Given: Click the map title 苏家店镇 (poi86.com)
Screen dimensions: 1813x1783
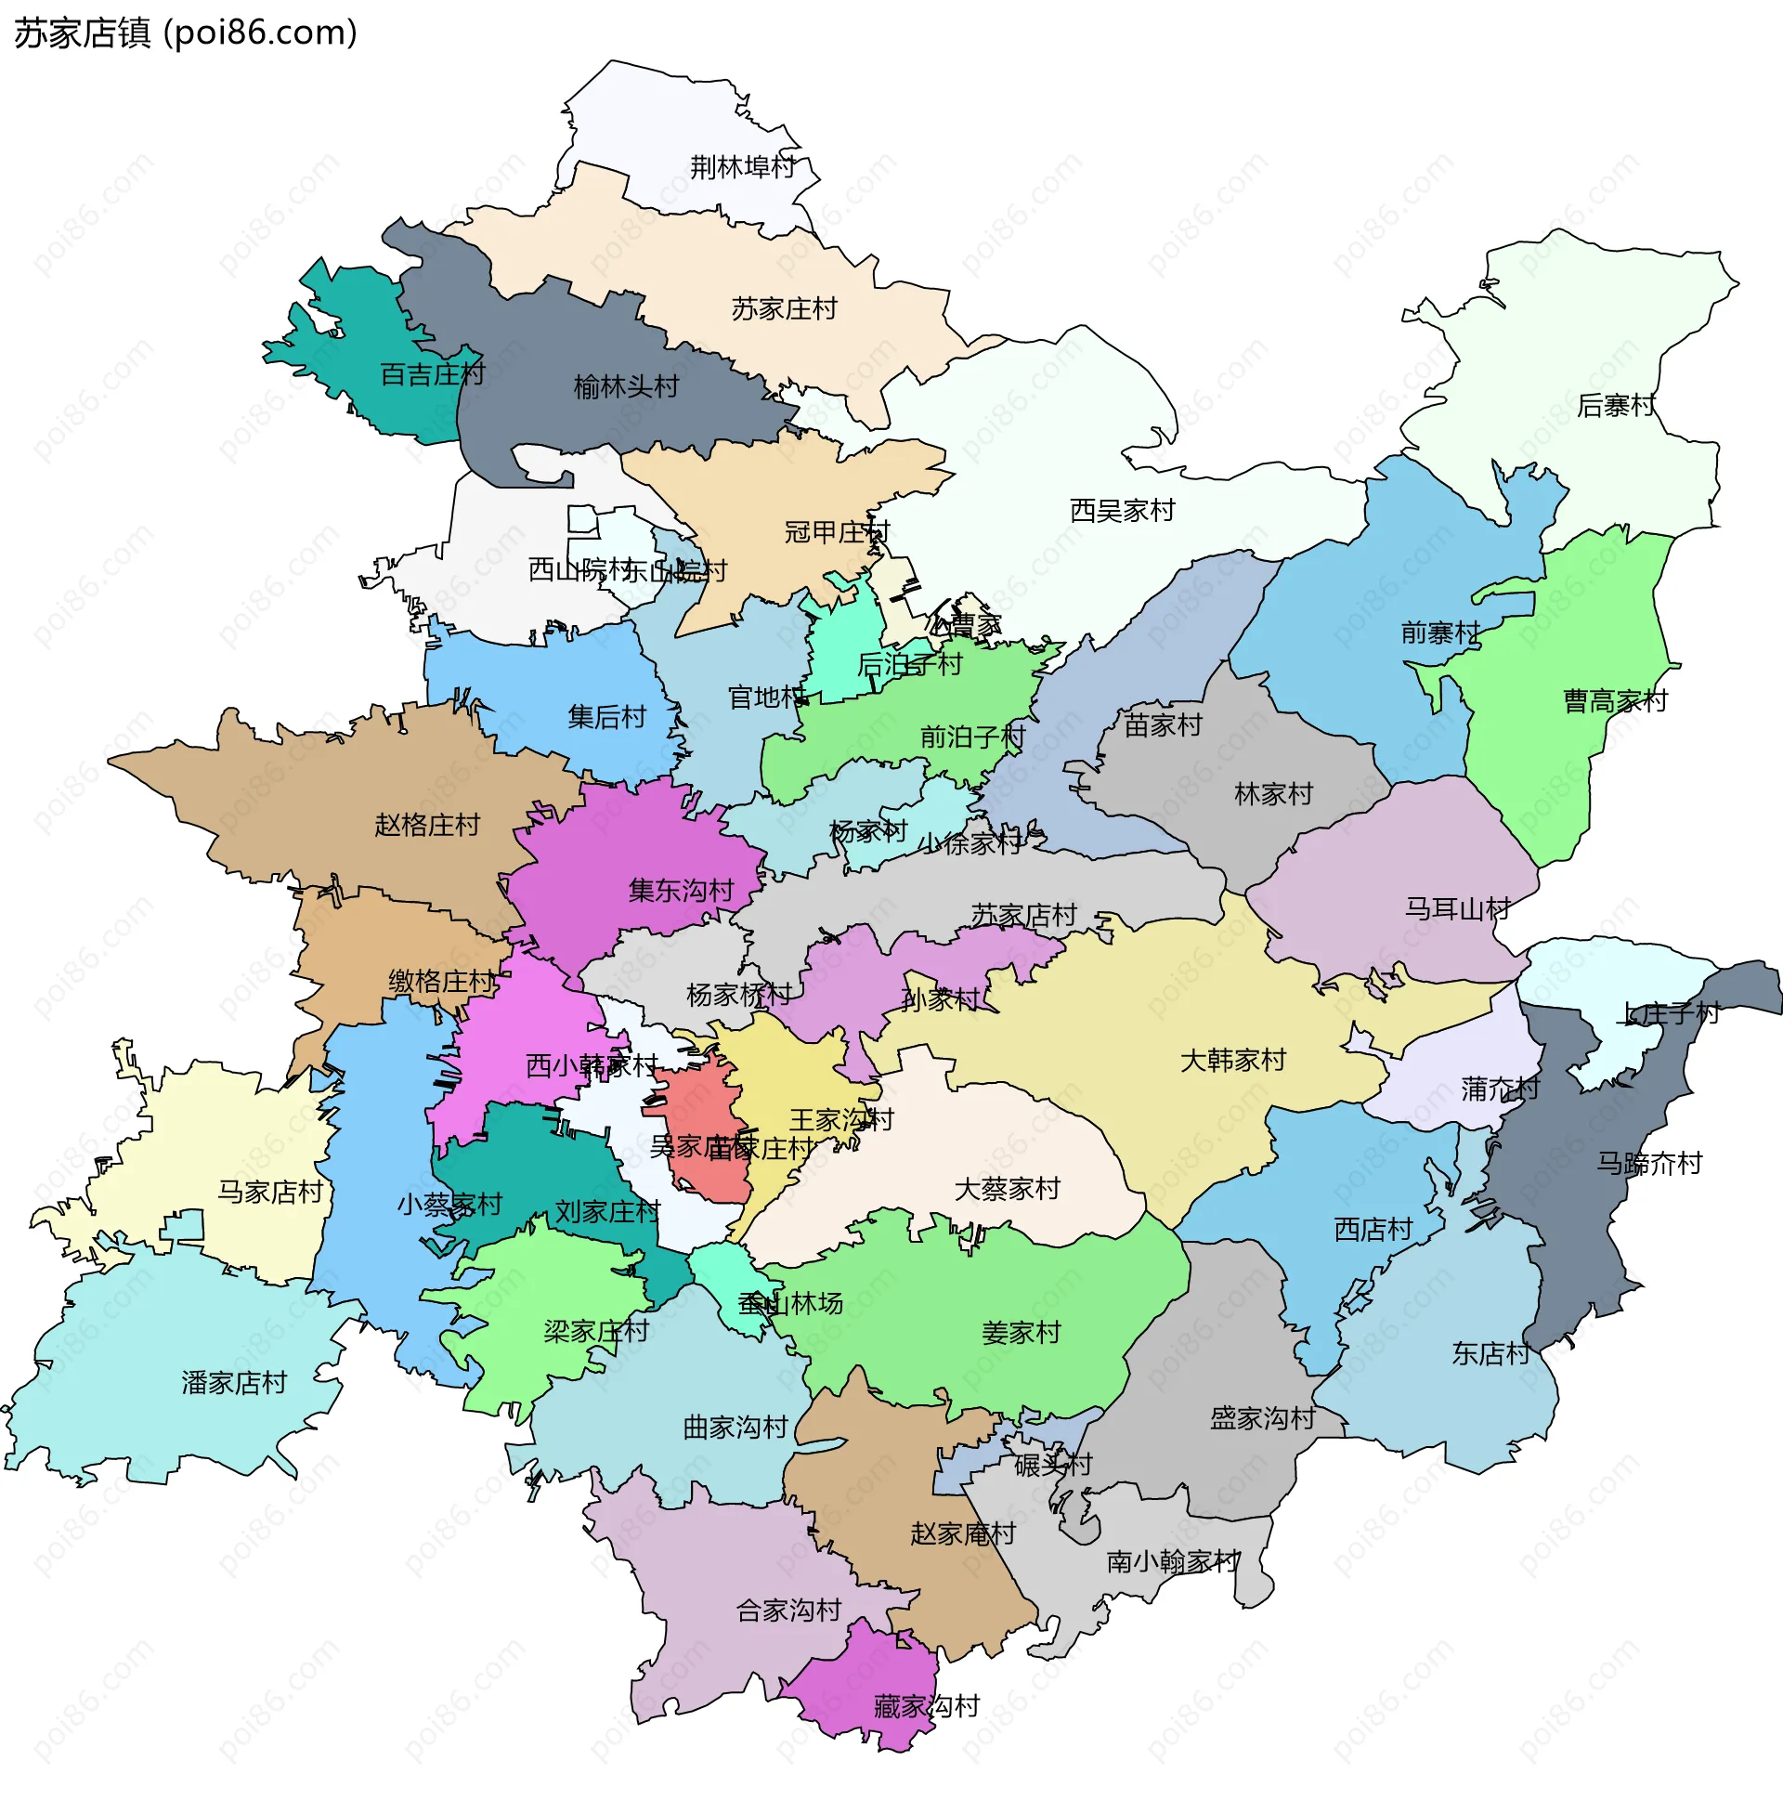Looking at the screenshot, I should point(186,33).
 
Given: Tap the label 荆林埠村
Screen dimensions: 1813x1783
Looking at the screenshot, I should point(743,167).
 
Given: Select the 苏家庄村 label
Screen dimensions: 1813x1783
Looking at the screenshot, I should point(784,309).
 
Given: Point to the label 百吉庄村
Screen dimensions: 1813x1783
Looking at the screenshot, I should point(432,374).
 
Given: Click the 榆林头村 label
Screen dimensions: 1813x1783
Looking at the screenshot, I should point(626,386).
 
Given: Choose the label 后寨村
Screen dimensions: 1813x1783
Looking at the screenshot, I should point(1615,406).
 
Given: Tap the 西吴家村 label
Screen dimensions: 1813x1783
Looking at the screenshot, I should point(1122,511).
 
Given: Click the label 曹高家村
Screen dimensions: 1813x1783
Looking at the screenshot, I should point(1615,700).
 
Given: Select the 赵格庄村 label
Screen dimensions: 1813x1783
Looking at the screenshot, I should point(427,825).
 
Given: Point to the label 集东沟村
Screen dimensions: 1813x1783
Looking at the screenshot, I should point(681,891).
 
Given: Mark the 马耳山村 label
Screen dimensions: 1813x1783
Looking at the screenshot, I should point(1457,908).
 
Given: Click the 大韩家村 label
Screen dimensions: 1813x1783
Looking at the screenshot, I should point(1233,1060).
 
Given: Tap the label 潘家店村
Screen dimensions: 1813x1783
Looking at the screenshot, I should point(234,1382).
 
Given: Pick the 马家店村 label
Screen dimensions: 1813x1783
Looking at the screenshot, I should point(269,1192).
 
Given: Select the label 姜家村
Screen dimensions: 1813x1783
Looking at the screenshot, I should point(1021,1332).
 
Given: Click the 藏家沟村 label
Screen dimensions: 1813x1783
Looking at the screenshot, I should point(926,1706).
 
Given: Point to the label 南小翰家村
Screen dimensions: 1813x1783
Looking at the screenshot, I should point(1173,1561).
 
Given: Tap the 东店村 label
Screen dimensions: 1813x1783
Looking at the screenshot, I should point(1490,1353).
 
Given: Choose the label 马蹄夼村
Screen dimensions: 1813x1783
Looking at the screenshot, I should point(1649,1163).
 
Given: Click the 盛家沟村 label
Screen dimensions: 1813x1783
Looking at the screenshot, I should point(1262,1418).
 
